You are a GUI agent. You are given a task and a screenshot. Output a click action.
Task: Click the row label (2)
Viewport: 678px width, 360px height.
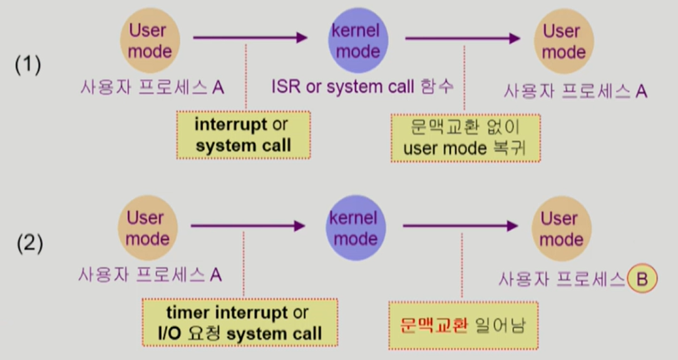click(29, 244)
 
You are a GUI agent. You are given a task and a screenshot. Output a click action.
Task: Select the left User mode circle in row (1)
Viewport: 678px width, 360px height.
click(148, 41)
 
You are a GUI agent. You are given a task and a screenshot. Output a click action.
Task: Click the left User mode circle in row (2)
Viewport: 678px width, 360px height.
click(147, 229)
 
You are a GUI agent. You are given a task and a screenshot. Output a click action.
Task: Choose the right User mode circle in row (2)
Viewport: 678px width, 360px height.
click(559, 229)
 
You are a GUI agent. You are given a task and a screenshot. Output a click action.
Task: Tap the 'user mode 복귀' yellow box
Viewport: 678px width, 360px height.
click(465, 138)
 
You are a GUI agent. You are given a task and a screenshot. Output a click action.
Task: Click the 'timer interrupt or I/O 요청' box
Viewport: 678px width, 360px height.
click(240, 322)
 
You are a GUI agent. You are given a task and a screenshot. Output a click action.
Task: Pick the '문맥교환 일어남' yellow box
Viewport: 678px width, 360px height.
click(463, 326)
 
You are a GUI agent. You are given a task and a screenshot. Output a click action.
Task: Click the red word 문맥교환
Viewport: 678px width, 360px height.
click(434, 326)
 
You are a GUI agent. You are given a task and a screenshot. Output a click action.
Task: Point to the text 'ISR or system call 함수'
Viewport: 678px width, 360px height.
click(362, 87)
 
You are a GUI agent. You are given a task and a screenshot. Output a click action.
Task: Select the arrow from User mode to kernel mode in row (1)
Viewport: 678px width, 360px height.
click(250, 38)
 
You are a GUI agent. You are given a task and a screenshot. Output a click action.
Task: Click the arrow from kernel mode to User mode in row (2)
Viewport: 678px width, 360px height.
click(460, 226)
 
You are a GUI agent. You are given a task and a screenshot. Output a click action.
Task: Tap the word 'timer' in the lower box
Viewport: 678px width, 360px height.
click(188, 312)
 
